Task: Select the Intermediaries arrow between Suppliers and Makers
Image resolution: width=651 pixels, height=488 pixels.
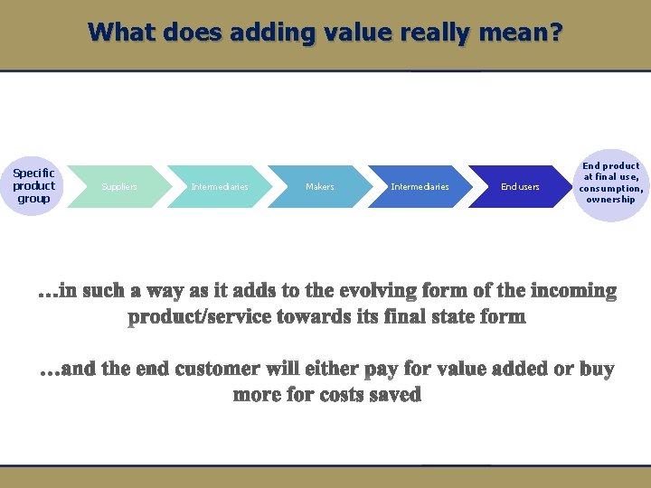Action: click(220, 187)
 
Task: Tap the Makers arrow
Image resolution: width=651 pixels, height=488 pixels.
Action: click(319, 187)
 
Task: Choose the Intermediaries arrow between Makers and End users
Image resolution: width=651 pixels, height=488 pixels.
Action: click(420, 187)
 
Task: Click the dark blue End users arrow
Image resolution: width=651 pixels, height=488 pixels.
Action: click(520, 187)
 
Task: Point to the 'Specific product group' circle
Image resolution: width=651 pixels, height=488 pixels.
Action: click(34, 186)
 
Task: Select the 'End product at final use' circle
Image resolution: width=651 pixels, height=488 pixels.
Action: click(611, 183)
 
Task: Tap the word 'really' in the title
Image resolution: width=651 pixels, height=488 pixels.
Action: click(432, 33)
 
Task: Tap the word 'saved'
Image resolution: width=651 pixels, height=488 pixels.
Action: click(397, 396)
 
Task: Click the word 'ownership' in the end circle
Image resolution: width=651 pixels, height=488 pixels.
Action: click(611, 200)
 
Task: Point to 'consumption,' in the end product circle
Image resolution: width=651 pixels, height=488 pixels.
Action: click(611, 189)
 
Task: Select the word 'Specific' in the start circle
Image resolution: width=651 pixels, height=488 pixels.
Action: click(34, 173)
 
